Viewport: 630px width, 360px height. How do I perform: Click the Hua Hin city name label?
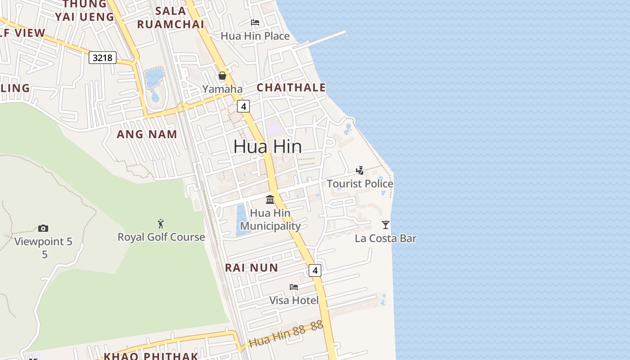267,147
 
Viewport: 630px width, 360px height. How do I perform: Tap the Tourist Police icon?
360,171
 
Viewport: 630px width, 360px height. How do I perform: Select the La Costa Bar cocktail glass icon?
386,225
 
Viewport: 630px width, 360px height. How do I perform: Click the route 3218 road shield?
103,58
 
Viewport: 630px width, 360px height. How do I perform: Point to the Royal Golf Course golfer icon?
161,224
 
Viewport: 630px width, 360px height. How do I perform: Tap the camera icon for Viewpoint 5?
43,228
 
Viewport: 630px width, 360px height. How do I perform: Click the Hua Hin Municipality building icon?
270,199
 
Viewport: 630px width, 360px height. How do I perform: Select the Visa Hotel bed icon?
294,287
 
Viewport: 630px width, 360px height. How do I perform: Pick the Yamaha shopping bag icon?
222,76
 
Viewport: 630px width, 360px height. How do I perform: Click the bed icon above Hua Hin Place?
255,22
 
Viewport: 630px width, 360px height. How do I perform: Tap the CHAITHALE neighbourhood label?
291,87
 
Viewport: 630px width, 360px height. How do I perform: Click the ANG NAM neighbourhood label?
147,134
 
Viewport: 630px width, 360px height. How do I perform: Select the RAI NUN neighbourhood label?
252,268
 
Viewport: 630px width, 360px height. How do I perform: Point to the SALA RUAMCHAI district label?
171,18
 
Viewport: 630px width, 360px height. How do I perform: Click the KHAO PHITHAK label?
151,356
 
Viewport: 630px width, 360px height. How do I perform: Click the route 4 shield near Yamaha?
243,106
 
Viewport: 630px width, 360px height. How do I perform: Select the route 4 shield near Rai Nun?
315,270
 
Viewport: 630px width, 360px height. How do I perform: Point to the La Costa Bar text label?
386,238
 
